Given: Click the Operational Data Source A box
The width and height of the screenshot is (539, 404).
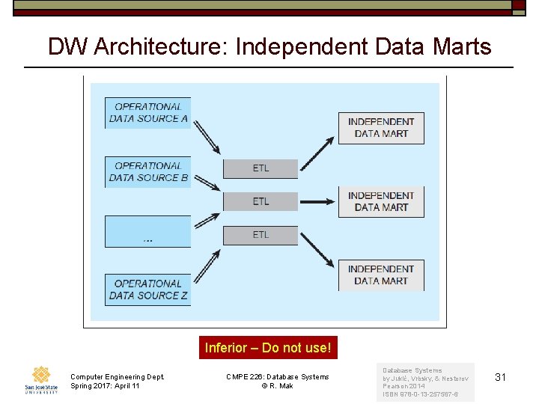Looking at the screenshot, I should point(148,113).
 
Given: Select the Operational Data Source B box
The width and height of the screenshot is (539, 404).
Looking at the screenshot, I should point(148,172).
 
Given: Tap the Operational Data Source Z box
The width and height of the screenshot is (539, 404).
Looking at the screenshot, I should point(148,290).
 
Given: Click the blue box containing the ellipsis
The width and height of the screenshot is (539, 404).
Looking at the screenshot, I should point(148,231).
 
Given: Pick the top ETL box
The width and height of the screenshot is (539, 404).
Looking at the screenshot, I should point(261,168).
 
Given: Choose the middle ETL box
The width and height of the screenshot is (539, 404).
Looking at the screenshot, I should point(261,201).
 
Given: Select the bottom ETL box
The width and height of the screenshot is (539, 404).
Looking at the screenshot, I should point(261,235).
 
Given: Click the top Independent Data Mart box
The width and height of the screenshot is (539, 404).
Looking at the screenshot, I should point(381,128).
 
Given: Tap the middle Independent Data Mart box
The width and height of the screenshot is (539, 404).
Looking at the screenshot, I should point(381,202).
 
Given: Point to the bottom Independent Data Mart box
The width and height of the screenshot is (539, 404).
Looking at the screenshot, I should point(381,275).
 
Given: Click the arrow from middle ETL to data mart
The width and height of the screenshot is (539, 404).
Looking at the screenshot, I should point(317,201).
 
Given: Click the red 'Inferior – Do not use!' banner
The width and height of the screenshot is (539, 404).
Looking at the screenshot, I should point(267,348).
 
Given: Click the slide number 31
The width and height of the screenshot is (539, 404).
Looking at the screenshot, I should point(501,377).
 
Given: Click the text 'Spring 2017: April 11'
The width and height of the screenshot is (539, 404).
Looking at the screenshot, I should point(105,386).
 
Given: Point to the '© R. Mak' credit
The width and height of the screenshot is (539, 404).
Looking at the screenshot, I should point(277,386).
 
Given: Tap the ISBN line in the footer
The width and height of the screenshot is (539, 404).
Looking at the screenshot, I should point(420,394).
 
